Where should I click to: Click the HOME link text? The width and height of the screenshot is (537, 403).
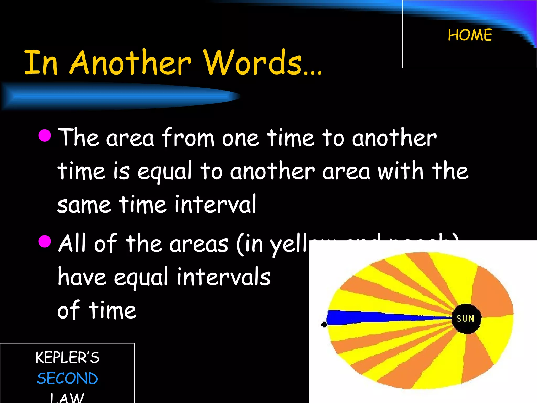[x=470, y=35]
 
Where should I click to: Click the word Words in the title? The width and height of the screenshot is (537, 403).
[x=262, y=62]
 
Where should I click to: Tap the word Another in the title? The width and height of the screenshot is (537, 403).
[x=131, y=62]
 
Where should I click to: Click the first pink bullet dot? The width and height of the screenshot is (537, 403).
[x=45, y=135]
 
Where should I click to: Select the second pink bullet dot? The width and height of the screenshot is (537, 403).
[x=45, y=241]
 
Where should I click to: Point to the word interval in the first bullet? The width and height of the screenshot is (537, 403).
[x=215, y=204]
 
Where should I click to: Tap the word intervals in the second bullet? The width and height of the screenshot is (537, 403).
[x=223, y=277]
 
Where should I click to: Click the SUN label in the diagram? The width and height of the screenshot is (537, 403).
[x=465, y=319]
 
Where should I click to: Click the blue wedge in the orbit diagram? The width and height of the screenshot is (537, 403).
[x=367, y=317]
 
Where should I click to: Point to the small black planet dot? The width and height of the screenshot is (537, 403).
[x=324, y=325]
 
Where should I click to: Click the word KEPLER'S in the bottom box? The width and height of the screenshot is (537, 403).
[x=67, y=357]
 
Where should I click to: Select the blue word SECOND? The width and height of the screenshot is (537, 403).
[x=67, y=378]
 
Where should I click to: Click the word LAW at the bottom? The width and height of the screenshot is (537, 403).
[x=67, y=397]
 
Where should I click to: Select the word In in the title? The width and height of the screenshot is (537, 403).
[x=41, y=62]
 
